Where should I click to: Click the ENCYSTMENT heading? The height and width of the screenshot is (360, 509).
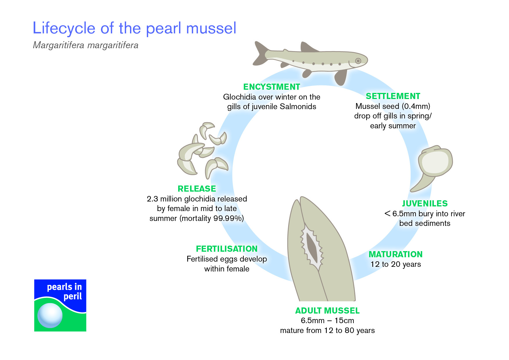272,87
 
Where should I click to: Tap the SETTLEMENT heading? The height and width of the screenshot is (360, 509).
393,96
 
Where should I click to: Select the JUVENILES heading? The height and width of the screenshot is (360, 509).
425,204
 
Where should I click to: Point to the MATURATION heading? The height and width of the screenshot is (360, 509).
396,254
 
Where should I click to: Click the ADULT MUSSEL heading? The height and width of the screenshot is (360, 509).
327,311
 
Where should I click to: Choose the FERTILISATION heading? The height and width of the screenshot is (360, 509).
227,249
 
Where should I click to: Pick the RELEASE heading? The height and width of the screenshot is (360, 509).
197,189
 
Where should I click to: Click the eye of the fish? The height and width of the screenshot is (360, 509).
358,61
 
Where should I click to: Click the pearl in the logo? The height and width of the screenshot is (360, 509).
50,316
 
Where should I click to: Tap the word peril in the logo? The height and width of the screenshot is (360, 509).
73,297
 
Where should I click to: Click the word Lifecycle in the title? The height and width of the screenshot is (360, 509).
64,28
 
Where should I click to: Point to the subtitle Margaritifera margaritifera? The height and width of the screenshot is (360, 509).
86,45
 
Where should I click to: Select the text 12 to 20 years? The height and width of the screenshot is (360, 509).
396,264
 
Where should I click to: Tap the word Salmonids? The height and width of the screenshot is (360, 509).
298,107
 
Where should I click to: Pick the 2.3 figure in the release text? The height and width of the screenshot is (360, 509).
152,199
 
